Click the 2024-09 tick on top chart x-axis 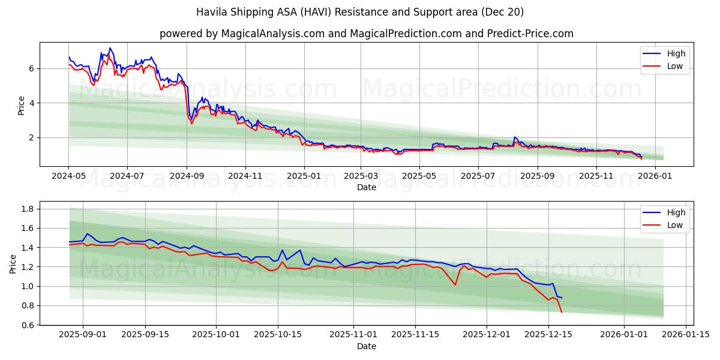click(187, 177)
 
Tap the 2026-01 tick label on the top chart click(654, 177)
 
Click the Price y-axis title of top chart click(22, 105)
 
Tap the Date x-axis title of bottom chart click(366, 346)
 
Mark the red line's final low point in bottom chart click(562, 312)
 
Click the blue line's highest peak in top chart click(109, 48)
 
